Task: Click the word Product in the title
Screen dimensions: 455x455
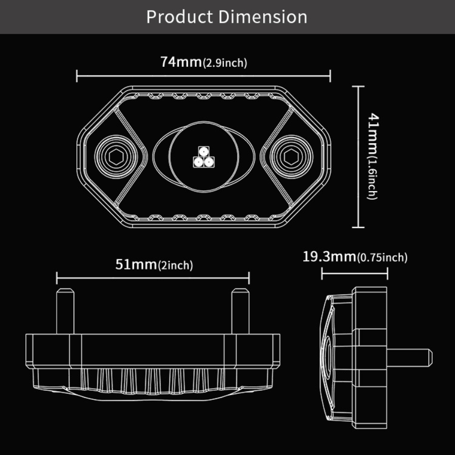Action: (179, 17)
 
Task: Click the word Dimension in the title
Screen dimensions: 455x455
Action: (262, 17)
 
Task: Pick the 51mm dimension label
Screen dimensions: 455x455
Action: (136, 264)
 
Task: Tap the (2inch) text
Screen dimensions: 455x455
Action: (175, 265)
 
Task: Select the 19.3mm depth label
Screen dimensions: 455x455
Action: (329, 256)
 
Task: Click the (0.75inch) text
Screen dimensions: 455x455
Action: (382, 257)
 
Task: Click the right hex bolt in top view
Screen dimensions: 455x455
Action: (291, 157)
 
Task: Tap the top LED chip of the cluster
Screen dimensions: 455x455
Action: (203, 151)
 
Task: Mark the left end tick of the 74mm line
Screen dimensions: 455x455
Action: (77, 76)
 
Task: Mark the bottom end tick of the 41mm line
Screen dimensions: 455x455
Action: (358, 227)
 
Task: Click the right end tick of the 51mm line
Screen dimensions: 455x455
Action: (249, 278)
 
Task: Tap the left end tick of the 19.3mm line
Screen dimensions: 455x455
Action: (323, 274)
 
